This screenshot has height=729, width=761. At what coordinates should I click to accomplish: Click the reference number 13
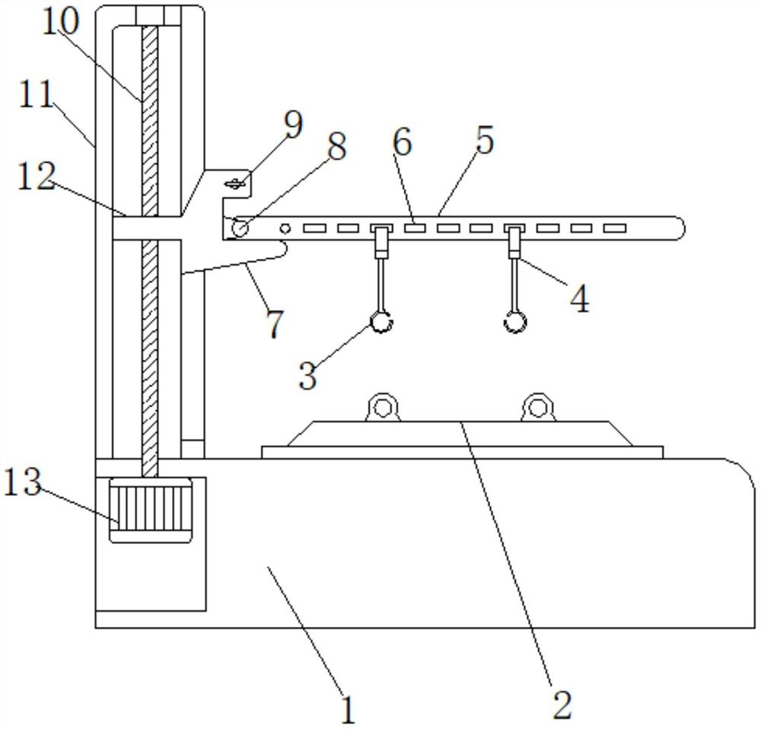click(22, 483)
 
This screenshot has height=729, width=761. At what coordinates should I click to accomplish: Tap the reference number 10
click(60, 23)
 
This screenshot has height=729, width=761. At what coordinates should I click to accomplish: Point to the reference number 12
click(37, 177)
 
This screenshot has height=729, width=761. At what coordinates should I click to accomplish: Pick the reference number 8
click(335, 145)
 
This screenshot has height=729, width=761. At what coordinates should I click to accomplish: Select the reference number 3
click(307, 375)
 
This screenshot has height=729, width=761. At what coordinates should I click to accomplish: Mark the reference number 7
click(274, 323)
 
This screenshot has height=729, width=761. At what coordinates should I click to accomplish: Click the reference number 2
click(562, 705)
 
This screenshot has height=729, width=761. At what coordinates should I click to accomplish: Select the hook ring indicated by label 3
click(381, 323)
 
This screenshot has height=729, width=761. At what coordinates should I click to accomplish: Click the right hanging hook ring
click(515, 323)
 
